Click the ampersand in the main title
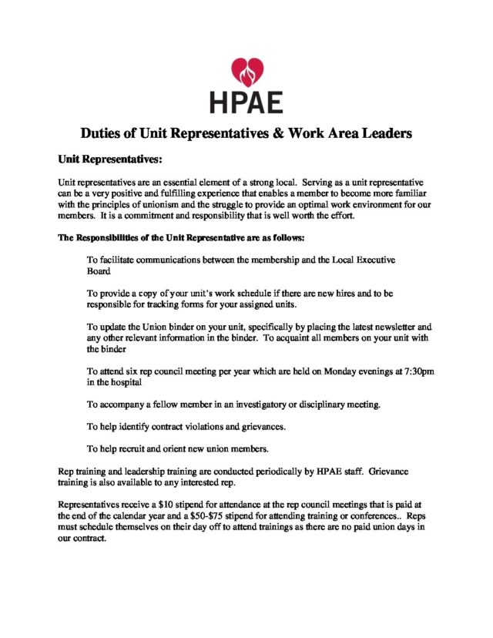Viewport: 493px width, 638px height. click(279, 133)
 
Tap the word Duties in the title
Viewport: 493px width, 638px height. click(106, 133)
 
